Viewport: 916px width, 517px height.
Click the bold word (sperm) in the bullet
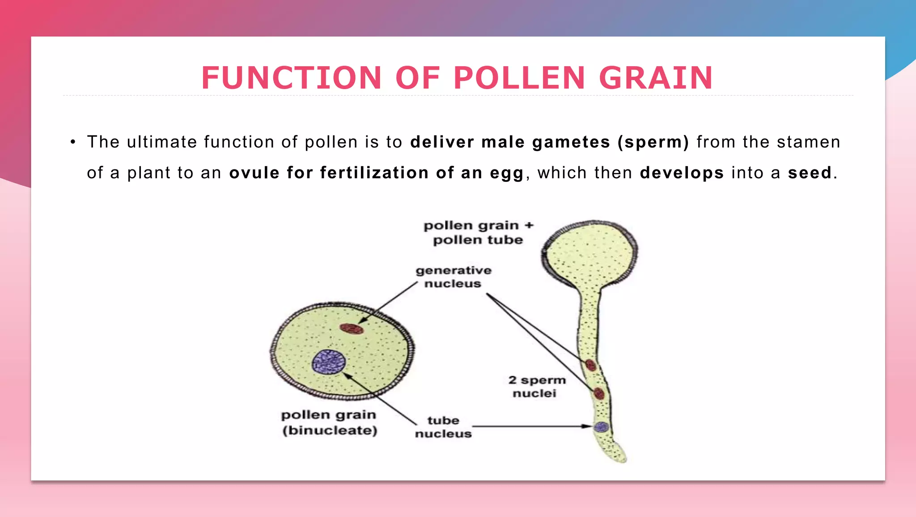[x=653, y=143]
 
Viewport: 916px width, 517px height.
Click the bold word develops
[x=682, y=173]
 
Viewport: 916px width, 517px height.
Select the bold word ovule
[x=254, y=173]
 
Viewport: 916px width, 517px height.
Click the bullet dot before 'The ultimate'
[x=73, y=143]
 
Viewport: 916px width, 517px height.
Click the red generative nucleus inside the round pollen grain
[x=352, y=329]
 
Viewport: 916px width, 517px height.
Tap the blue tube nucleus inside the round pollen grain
[x=329, y=361]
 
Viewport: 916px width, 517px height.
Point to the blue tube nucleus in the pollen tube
[x=602, y=427]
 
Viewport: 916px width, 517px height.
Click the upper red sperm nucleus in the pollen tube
[x=591, y=365]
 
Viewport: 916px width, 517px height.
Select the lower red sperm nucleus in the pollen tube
[x=599, y=394]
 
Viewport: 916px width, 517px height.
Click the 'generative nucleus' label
[x=453, y=277]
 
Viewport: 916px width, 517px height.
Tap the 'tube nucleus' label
[x=443, y=427]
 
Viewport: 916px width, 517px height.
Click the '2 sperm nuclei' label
[x=536, y=387]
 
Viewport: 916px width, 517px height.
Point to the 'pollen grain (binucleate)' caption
[x=329, y=422]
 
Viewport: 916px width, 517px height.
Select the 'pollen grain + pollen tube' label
[x=478, y=232]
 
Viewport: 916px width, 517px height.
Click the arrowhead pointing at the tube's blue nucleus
[x=588, y=426]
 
